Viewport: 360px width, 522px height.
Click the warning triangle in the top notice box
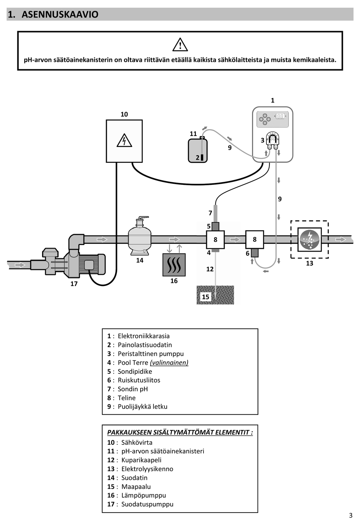click(x=180, y=44)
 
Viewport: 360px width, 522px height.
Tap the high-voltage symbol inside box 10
click(x=124, y=140)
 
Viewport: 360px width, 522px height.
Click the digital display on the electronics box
click(x=280, y=116)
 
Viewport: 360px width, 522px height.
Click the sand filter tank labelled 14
click(x=140, y=236)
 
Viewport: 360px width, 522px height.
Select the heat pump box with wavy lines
click(x=174, y=265)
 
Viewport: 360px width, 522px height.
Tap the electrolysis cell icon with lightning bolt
click(x=309, y=239)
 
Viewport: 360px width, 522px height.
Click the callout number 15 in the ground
click(x=205, y=297)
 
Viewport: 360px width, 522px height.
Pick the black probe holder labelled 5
click(x=216, y=226)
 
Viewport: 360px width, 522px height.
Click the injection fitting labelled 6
click(x=255, y=253)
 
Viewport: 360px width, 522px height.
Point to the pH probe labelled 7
click(x=216, y=214)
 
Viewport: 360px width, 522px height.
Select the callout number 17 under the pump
click(x=74, y=284)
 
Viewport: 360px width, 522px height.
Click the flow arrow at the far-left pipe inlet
click(x=20, y=265)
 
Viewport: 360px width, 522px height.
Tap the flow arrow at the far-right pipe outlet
click(x=341, y=239)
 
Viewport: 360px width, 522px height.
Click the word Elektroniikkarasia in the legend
click(x=144, y=336)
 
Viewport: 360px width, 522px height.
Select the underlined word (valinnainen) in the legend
click(x=169, y=363)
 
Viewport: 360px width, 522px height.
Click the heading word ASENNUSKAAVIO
click(x=60, y=14)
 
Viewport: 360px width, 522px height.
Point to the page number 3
click(x=351, y=515)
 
